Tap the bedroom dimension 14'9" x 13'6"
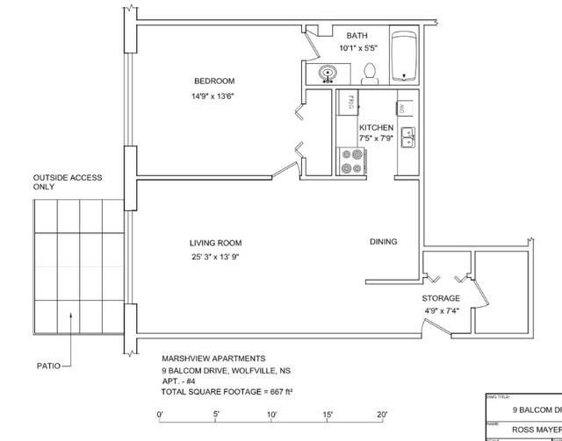pyautogui.click(x=213, y=96)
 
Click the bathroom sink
pyautogui.click(x=328, y=74)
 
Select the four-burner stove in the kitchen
pyautogui.click(x=353, y=160)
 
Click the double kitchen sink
pyautogui.click(x=408, y=137)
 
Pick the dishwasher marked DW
pyautogui.click(x=401, y=108)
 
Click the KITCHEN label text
pyautogui.click(x=376, y=128)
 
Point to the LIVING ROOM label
pyautogui.click(x=215, y=243)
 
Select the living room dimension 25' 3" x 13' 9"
pyautogui.click(x=215, y=257)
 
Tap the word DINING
pyautogui.click(x=383, y=242)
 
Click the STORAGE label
pyautogui.click(x=441, y=298)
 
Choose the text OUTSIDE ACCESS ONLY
pyautogui.click(x=68, y=182)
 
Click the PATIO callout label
pyautogui.click(x=48, y=366)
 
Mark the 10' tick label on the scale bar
pyautogui.click(x=271, y=414)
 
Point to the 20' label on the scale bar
pyautogui.click(x=383, y=414)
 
